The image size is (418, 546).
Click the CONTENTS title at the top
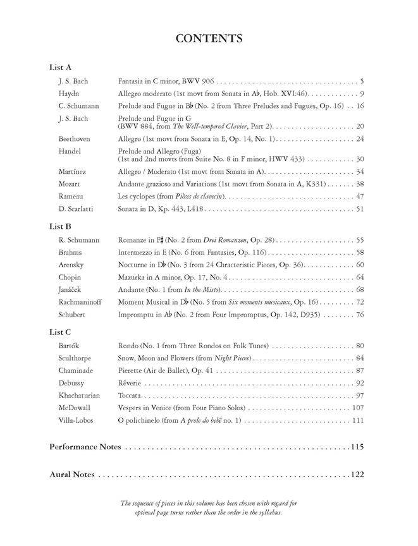pyautogui.click(x=209, y=39)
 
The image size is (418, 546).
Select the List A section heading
pyautogui.click(x=61, y=68)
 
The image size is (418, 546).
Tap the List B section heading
pyautogui.click(x=61, y=226)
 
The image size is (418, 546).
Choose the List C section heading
pyautogui.click(x=61, y=331)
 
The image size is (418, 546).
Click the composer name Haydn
pyautogui.click(x=69, y=94)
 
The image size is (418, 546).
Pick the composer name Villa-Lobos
pyautogui.click(x=77, y=420)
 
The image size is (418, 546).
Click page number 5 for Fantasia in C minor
pyautogui.click(x=362, y=82)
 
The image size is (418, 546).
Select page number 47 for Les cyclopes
pyautogui.click(x=360, y=197)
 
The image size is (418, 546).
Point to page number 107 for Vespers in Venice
pyautogui.click(x=358, y=408)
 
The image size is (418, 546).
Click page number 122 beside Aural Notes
pyautogui.click(x=357, y=475)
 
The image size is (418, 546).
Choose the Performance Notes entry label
pyautogui.click(x=85, y=447)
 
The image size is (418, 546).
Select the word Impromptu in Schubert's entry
pyautogui.click(x=135, y=315)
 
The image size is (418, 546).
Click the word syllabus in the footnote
pyautogui.click(x=267, y=513)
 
